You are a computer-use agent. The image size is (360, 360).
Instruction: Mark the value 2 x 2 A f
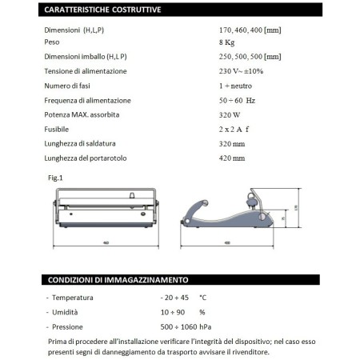pyautogui.click(x=225, y=129)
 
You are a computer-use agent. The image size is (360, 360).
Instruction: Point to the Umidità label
pyautogui.click(x=66, y=311)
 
